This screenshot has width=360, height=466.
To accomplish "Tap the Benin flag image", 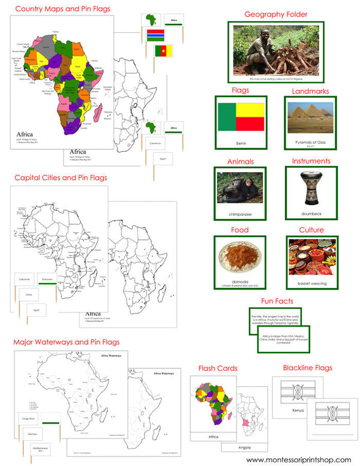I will click(x=240, y=116).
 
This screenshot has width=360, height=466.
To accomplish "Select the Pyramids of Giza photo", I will click(x=311, y=116).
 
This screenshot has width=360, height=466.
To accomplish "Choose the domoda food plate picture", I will click(x=240, y=257).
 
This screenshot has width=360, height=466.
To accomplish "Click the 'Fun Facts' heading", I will click(x=277, y=301).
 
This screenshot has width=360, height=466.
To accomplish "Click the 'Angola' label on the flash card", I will click(x=244, y=448).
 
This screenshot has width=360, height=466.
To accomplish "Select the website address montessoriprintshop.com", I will click(x=298, y=459).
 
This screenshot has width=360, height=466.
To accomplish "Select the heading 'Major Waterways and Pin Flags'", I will click(x=66, y=342).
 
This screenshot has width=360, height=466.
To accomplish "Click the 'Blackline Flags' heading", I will click(x=307, y=368).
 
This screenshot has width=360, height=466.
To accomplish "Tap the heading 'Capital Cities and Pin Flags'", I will click(x=59, y=178).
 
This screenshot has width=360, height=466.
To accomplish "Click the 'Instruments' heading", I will click(x=311, y=161).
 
